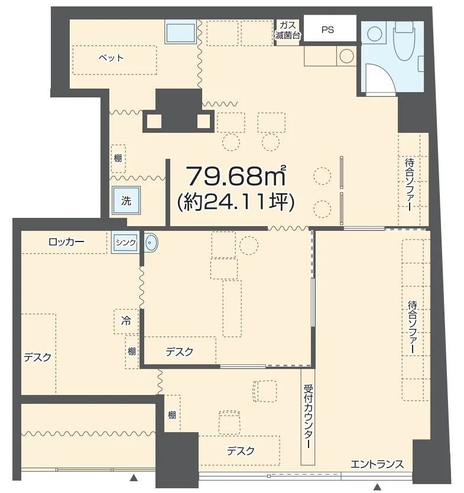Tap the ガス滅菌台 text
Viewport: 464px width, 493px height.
pyautogui.click(x=288, y=30)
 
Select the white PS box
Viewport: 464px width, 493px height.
pyautogui.click(x=329, y=30)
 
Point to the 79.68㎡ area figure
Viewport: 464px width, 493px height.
pyautogui.click(x=236, y=175)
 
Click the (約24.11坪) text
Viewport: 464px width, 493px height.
pyautogui.click(x=236, y=202)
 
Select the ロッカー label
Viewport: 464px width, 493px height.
pyautogui.click(x=66, y=241)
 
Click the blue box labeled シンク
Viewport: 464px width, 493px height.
pyautogui.click(x=125, y=242)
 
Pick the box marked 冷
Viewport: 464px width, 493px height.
pyautogui.click(x=126, y=322)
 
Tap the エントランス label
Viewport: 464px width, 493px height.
pyautogui.click(x=377, y=464)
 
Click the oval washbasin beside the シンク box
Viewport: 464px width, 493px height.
pyautogui.click(x=151, y=242)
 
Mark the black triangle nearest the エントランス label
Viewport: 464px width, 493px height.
pyautogui.click(x=377, y=487)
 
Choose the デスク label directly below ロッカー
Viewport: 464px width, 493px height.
pyautogui.click(x=37, y=357)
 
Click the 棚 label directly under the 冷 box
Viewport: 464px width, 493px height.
pyautogui.click(x=131, y=351)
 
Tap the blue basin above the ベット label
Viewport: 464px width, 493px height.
pyautogui.click(x=181, y=32)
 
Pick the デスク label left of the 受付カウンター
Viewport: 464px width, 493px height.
pyautogui.click(x=241, y=451)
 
